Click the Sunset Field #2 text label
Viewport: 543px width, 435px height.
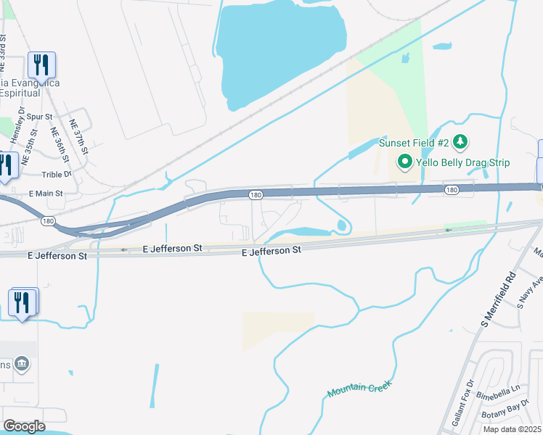(x=414, y=142)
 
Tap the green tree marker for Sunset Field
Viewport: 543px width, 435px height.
(x=459, y=140)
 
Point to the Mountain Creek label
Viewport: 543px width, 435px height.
(x=359, y=389)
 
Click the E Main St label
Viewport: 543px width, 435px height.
(x=46, y=194)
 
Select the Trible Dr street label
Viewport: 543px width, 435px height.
(x=56, y=175)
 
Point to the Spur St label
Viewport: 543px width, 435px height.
(x=39, y=117)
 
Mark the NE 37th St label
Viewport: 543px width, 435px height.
(x=78, y=138)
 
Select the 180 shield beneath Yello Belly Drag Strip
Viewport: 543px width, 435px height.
(x=451, y=190)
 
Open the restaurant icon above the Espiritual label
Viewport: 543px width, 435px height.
(x=41, y=65)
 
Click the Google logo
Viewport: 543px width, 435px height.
(x=25, y=426)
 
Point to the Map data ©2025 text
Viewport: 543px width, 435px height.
(x=511, y=429)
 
